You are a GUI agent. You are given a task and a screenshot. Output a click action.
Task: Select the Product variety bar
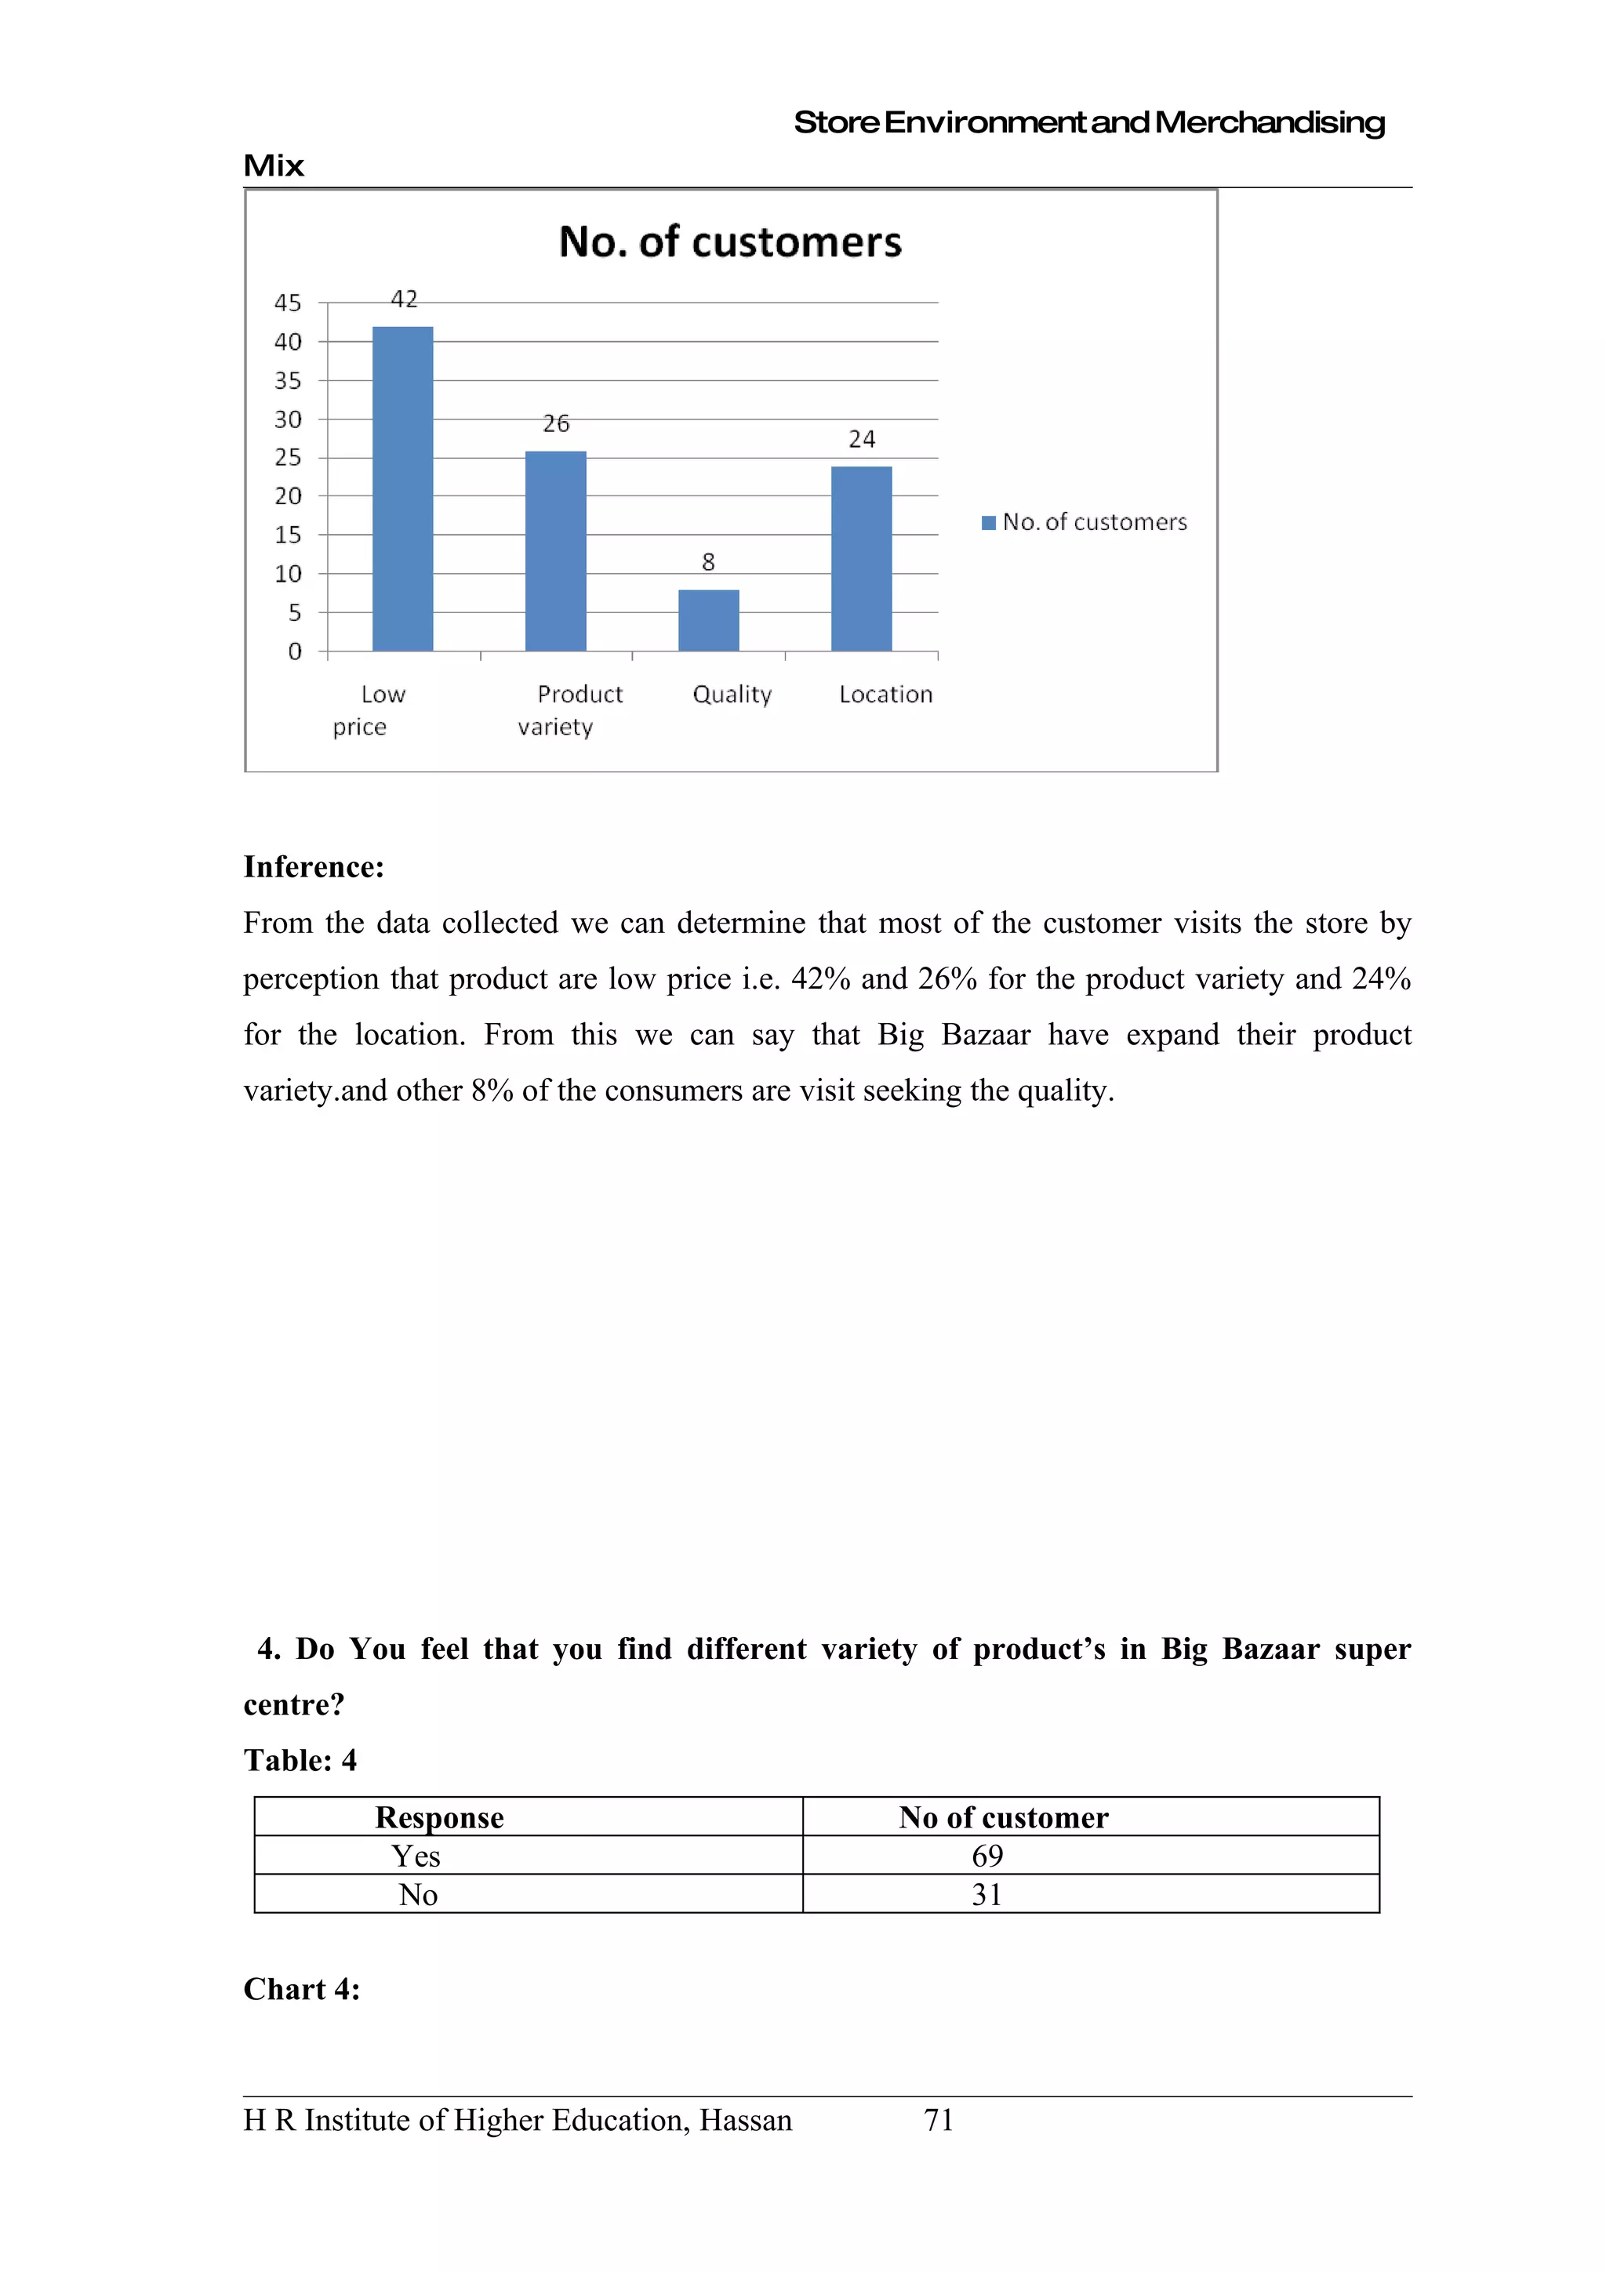coord(555,551)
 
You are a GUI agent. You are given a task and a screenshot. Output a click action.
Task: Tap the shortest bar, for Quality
coord(708,620)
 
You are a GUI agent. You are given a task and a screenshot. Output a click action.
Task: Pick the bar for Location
coord(861,559)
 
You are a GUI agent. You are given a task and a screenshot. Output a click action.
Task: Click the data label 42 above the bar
coord(404,299)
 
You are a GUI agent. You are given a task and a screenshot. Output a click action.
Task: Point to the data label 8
coord(708,562)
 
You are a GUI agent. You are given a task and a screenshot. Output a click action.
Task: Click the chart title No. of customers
coord(730,242)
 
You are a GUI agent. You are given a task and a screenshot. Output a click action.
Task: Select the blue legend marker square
coord(987,522)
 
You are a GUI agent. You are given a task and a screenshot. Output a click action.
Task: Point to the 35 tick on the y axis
coord(288,381)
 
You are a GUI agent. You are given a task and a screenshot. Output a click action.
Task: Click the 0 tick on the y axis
coord(295,651)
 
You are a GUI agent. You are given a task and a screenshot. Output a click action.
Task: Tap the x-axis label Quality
coord(732,695)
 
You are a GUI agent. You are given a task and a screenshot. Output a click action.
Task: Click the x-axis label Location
coord(885,695)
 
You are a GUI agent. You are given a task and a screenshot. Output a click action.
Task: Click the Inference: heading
coord(314,867)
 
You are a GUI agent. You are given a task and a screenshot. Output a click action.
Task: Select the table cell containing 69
coord(986,1856)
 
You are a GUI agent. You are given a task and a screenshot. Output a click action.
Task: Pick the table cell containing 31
coord(986,1894)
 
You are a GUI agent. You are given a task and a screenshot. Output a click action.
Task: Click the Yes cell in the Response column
coord(416,1856)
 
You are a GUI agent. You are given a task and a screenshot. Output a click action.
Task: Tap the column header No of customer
coord(1004,1817)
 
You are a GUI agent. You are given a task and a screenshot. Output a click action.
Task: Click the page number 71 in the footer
coord(938,2120)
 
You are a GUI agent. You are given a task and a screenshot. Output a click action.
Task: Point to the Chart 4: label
coord(302,1989)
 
